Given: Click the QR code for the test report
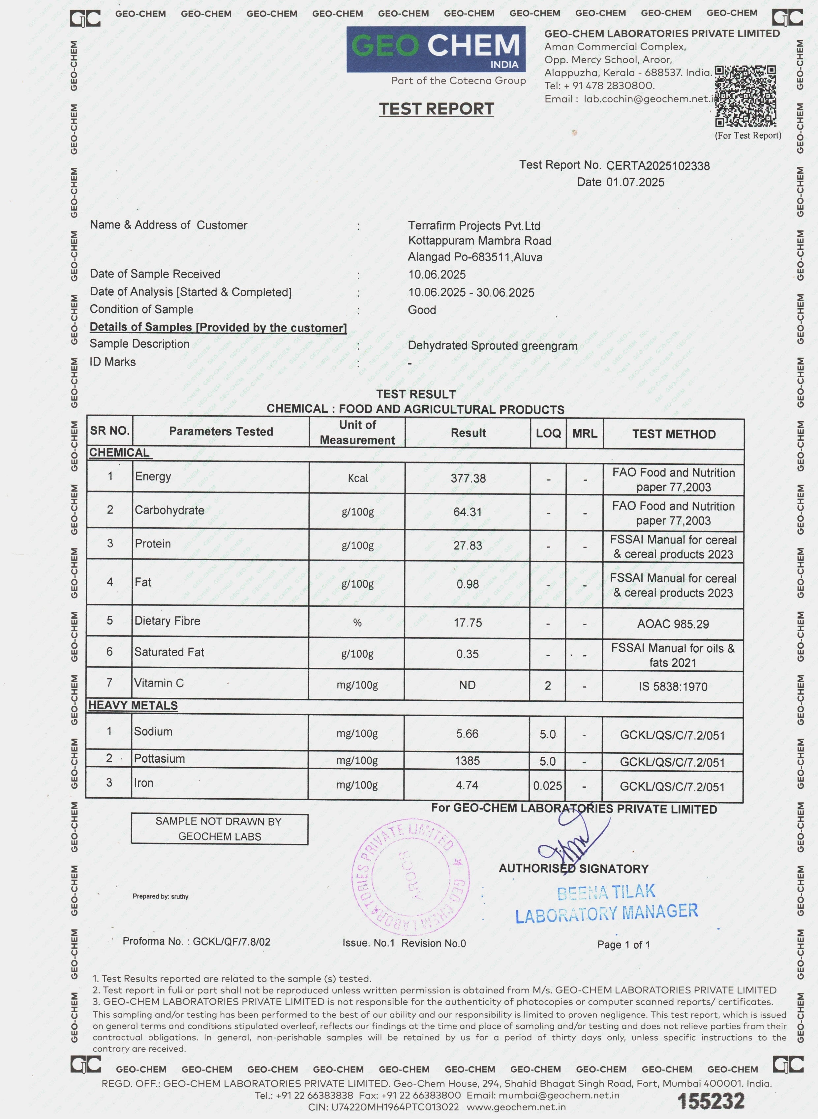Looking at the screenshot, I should click(x=745, y=97).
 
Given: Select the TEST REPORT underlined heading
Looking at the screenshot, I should click(x=436, y=109).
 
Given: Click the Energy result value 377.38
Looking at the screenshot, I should click(x=468, y=478).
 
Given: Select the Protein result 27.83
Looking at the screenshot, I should click(x=468, y=545).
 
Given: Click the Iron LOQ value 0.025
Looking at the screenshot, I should click(x=547, y=785).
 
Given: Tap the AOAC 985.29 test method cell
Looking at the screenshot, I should click(x=673, y=624).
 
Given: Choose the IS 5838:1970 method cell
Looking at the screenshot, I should click(x=672, y=686).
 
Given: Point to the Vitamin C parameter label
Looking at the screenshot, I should click(x=159, y=683).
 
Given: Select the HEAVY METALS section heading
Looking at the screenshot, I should click(x=133, y=705).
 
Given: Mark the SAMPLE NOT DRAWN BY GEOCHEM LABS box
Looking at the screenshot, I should click(x=219, y=829).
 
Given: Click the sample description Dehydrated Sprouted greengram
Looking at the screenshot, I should click(x=492, y=345).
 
